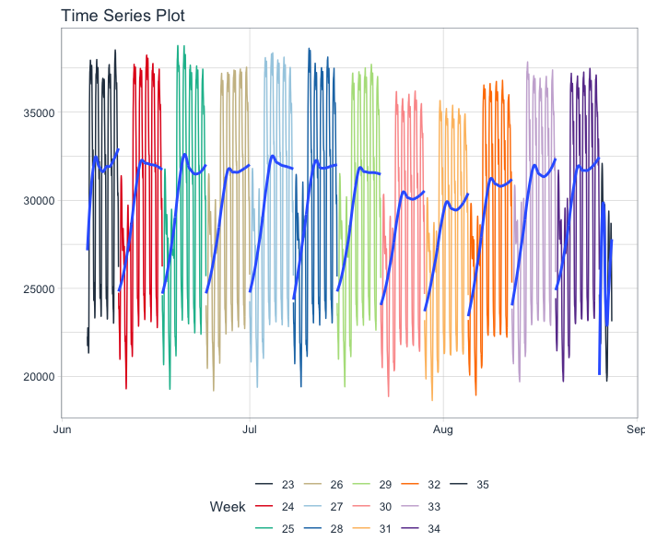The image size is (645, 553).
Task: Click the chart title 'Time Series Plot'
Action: coord(123,16)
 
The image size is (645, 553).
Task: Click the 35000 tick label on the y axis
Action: coord(39,113)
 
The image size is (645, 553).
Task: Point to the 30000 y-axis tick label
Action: coord(39,201)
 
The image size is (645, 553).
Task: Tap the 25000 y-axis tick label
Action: coord(39,288)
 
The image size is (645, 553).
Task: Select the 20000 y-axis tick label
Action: coord(39,377)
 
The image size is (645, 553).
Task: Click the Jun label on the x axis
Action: coord(63,429)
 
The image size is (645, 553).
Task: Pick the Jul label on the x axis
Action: coord(250,429)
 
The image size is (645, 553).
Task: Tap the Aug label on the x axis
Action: coord(443,429)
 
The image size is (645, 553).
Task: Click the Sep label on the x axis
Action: coord(634,429)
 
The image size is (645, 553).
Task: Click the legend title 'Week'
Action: coord(228,506)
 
